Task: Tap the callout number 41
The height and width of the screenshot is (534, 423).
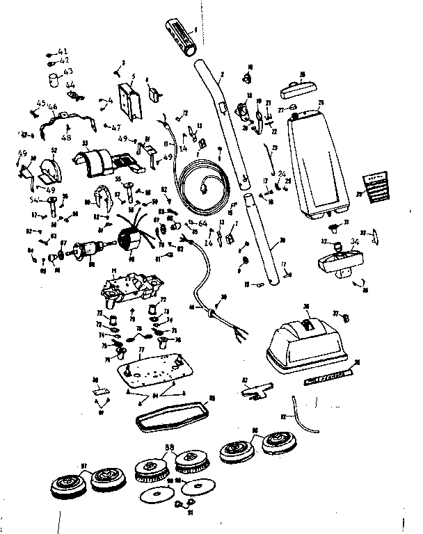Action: (x=63, y=52)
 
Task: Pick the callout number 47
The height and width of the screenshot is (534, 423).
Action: (x=115, y=127)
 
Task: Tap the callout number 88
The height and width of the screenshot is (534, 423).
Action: (x=168, y=446)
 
